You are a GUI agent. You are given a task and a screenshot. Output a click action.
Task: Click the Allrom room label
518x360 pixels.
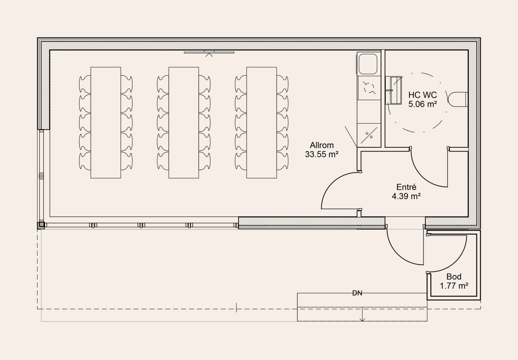[322, 145]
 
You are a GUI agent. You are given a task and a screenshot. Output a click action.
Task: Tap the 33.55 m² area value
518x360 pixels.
[322, 154]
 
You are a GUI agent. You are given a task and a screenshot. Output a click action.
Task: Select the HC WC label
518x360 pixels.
[423, 95]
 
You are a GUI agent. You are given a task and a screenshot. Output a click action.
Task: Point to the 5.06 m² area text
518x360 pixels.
[423, 104]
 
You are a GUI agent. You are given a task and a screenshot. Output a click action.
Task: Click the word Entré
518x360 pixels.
[406, 187]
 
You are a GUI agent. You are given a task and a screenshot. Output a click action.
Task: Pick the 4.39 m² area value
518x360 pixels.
[406, 196]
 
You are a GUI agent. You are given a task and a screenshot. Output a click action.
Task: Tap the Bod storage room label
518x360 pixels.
[454, 277]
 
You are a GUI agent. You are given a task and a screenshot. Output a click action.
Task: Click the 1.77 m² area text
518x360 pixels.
[454, 286]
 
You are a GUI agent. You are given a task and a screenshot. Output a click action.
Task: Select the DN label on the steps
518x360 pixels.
[357, 293]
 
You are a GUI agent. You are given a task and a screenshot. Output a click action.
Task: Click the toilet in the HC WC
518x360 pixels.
[458, 99]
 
